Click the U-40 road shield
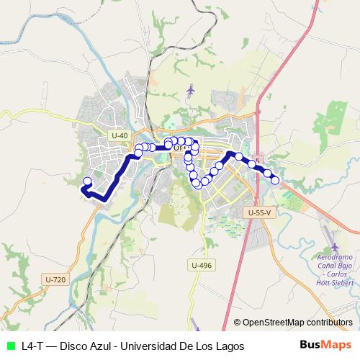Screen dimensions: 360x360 pos(120,135)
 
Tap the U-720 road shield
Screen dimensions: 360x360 pos(55,279)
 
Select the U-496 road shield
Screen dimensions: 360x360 pos(202,266)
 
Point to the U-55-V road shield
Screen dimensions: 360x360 pos(259,212)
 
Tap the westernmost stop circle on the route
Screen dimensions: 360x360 pos(88,181)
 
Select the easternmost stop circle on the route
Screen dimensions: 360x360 pos(274,180)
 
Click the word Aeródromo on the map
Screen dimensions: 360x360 pos(335,258)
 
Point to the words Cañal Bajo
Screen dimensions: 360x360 pos(335,266)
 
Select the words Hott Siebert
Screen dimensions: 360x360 pos(336,283)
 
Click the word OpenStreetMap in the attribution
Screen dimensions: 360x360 pos(274,323)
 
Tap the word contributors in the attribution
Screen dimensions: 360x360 pos(330,323)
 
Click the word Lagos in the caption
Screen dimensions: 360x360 pos(228,346)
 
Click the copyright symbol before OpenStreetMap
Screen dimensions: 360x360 pos(238,323)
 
